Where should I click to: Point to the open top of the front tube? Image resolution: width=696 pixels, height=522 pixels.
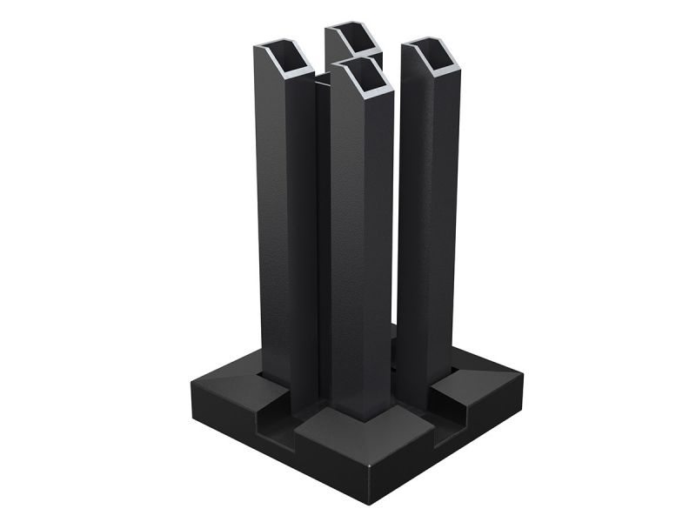coord(361,77)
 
